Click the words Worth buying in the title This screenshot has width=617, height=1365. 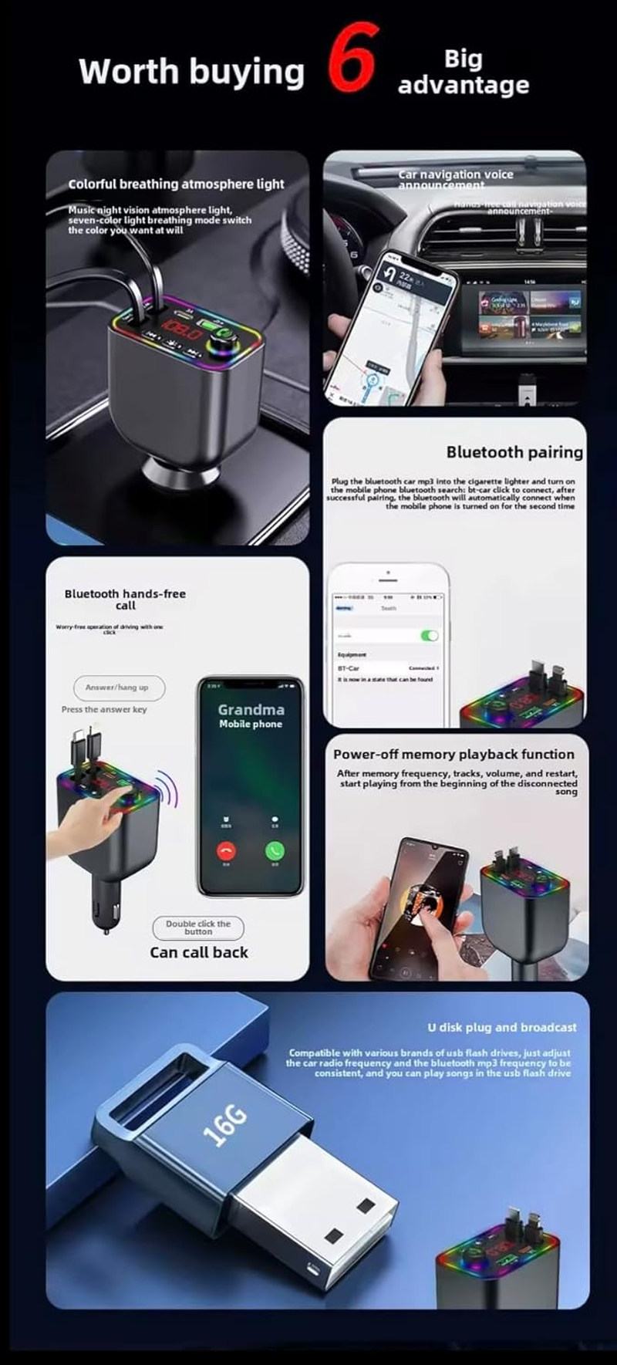click(191, 72)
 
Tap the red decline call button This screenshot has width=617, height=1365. click(226, 851)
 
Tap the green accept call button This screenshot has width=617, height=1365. click(275, 851)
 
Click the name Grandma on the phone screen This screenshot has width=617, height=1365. click(251, 709)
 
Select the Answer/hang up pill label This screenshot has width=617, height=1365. click(117, 687)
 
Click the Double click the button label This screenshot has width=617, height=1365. click(197, 927)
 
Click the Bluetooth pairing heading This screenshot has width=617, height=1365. click(514, 452)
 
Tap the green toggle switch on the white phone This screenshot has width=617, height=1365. click(429, 635)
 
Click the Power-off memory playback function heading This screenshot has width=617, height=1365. click(453, 755)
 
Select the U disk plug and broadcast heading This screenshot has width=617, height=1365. click(502, 1027)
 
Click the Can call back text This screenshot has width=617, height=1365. click(199, 952)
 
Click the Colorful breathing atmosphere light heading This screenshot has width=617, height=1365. click(176, 184)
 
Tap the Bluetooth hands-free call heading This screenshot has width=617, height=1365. click(125, 600)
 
